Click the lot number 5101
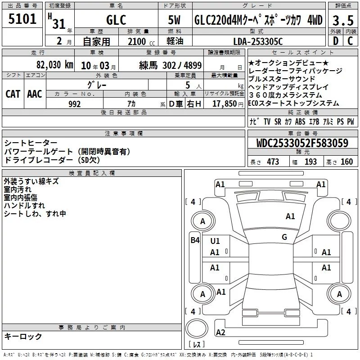[x=22, y=19]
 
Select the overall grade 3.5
[x=343, y=21]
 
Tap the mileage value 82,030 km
[x=54, y=65]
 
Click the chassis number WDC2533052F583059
[x=302, y=143]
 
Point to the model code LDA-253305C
[x=258, y=41]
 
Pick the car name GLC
[x=116, y=20]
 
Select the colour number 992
[x=75, y=104]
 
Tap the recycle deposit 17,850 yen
[x=228, y=104]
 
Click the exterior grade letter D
[x=335, y=41]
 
